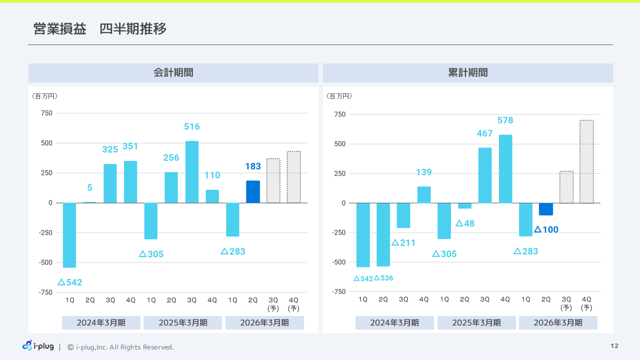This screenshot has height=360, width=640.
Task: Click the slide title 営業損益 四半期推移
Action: pyautogui.click(x=100, y=29)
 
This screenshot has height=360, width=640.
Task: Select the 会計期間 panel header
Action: pyautogui.click(x=173, y=73)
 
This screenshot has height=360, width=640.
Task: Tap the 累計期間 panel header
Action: pyautogui.click(x=467, y=73)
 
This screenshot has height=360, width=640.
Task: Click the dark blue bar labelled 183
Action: pyautogui.click(x=253, y=191)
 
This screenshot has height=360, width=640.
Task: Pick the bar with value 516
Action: pyautogui.click(x=191, y=171)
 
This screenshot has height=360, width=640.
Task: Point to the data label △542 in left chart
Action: pyautogui.click(x=70, y=282)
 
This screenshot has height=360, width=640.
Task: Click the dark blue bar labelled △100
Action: pyautogui.click(x=546, y=209)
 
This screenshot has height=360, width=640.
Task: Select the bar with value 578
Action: pyautogui.click(x=505, y=168)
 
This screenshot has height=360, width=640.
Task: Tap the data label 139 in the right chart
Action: pyautogui.click(x=423, y=172)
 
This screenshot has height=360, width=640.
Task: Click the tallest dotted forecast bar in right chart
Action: pyautogui.click(x=586, y=161)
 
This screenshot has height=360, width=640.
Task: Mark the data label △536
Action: pyautogui.click(x=383, y=278)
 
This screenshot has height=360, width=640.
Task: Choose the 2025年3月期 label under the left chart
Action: pyautogui.click(x=182, y=323)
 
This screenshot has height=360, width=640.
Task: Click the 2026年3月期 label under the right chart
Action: pyautogui.click(x=558, y=323)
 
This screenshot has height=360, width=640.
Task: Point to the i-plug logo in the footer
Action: pyautogui.click(x=38, y=346)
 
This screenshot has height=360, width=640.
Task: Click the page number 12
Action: pyautogui.click(x=614, y=346)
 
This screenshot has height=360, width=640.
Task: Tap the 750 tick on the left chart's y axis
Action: pyautogui.click(x=46, y=113)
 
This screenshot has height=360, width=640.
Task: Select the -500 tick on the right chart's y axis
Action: pyautogui.click(x=339, y=262)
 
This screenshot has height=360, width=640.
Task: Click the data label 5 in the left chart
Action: pyautogui.click(x=90, y=188)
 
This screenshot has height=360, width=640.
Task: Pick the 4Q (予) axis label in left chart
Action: pyautogui.click(x=293, y=304)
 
